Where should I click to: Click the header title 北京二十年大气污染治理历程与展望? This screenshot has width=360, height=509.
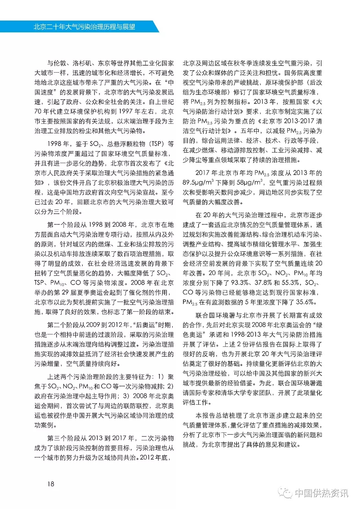coord(84,27)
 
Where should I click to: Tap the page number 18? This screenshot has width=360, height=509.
coord(51,484)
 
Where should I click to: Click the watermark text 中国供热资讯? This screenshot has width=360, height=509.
coord(321,493)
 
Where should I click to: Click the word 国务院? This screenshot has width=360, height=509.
coord(293,73)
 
